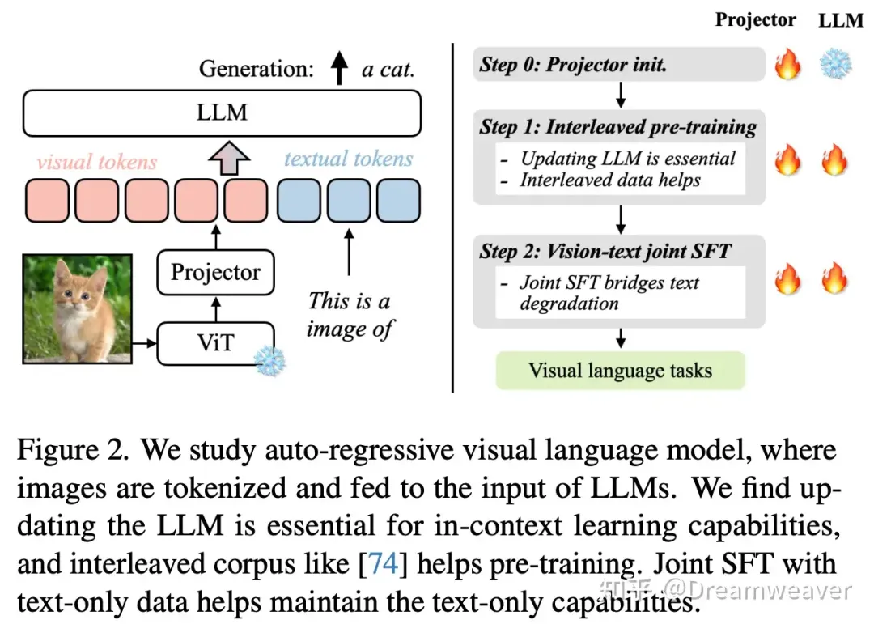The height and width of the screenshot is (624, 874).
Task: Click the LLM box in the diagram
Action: point(222,112)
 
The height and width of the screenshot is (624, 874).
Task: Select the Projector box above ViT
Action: point(215,272)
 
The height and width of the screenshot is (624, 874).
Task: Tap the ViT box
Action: point(215,342)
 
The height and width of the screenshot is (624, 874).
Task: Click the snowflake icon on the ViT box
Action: point(269,360)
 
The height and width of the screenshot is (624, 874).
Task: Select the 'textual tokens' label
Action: point(349,159)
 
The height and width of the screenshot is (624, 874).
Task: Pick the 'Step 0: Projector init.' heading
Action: point(573,65)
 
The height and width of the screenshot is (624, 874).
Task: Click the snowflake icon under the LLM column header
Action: point(836,65)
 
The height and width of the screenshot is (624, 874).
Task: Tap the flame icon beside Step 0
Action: point(787,65)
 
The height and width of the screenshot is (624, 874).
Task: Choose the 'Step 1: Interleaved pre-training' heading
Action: point(617,127)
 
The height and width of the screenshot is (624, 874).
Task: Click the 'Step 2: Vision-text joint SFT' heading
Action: point(605,251)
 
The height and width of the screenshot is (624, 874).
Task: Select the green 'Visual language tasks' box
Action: point(620,371)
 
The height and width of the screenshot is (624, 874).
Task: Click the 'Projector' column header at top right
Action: point(755,19)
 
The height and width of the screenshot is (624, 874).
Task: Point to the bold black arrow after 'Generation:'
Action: point(339,68)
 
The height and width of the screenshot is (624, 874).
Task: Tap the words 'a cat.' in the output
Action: point(388,69)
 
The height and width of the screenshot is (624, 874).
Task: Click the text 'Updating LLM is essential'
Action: point(627,159)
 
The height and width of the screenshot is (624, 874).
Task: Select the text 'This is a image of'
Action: point(350,314)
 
